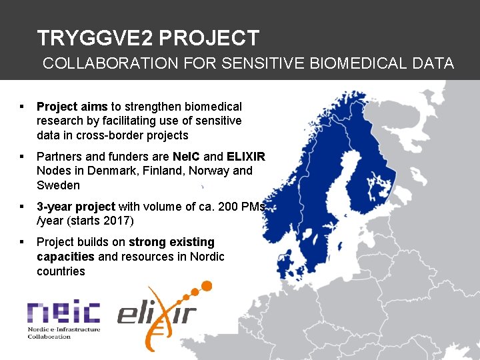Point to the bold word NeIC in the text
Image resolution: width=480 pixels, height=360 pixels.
coord(186,157)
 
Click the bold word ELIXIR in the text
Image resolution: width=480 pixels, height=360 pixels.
coord(245,157)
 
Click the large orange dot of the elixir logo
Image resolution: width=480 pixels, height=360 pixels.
coord(206,286)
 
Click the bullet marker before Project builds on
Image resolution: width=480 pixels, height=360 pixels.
coord(23,242)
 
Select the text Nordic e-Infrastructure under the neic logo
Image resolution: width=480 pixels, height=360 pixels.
coord(63,329)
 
